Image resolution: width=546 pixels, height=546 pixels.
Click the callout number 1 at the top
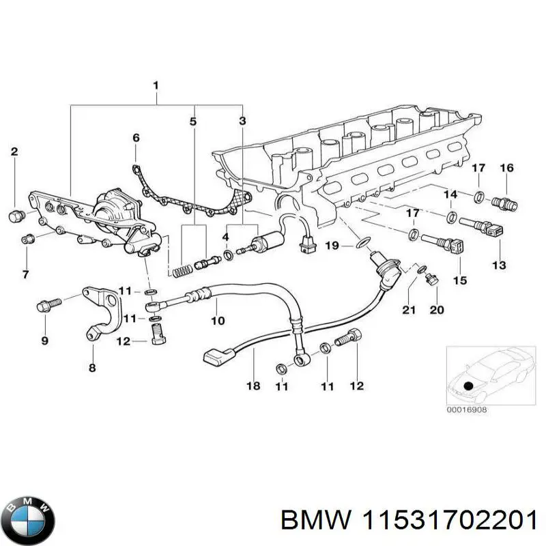coord(156,86)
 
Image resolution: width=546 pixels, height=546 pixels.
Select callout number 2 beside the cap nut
coord(14,152)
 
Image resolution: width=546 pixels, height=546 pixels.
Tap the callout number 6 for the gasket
coord(136,137)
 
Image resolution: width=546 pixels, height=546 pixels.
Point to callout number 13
coord(500,264)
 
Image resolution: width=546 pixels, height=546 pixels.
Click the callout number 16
coord(506,168)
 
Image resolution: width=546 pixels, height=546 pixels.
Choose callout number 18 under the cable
coord(253,386)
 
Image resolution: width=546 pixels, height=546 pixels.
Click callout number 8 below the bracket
coord(92,368)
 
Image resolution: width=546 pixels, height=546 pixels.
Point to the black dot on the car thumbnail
coord(468,386)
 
